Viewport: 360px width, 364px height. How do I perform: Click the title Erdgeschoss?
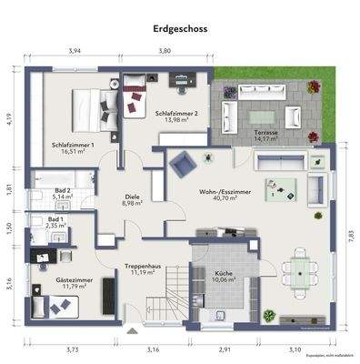click(x=180, y=29)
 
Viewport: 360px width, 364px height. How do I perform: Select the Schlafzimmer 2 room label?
click(x=176, y=117)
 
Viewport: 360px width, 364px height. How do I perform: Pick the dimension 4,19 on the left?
click(x=8, y=118)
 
